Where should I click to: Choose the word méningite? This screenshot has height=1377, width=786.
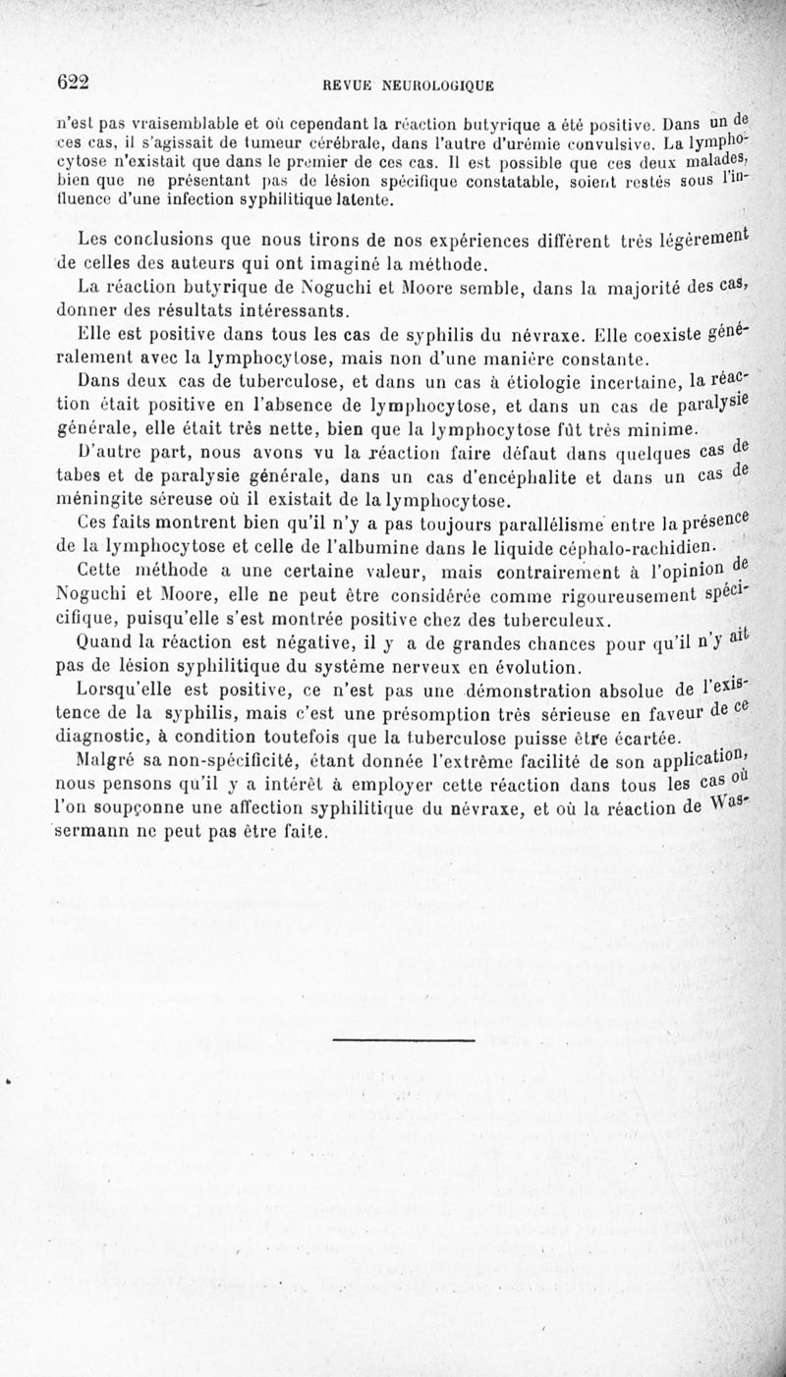point(100,499)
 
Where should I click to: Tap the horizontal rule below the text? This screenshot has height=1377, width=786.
point(404,1040)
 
